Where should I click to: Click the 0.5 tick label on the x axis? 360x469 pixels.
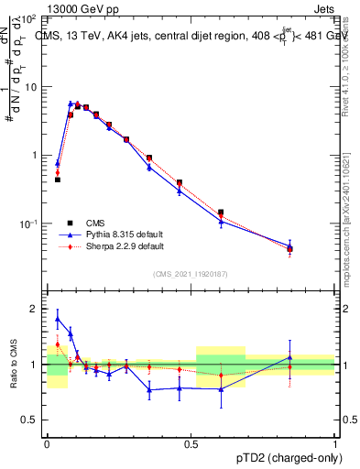coord(191,442)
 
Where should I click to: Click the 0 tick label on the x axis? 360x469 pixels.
coord(47,442)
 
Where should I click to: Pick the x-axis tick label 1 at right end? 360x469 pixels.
coord(334,442)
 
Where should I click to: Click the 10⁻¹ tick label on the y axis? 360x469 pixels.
coord(29,224)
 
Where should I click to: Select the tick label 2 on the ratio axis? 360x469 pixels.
coord(34,309)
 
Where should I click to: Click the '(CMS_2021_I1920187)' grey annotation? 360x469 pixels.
coord(191,274)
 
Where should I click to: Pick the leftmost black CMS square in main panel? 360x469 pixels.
coord(58,180)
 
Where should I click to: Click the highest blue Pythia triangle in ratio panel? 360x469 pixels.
coord(58,320)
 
